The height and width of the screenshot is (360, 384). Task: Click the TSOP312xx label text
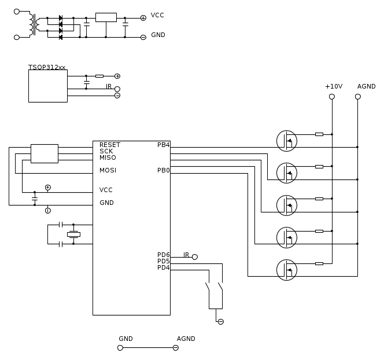click(x=47, y=67)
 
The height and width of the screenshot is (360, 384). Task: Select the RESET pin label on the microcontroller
click(x=110, y=145)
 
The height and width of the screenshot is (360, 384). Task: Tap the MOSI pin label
click(x=108, y=170)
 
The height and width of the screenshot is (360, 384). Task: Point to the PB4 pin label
click(x=163, y=145)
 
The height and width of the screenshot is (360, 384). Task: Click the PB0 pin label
click(x=163, y=170)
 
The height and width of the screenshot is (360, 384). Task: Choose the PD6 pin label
click(x=163, y=255)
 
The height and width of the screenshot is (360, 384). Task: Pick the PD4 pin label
click(x=163, y=267)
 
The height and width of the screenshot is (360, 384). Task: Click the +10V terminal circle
click(x=332, y=97)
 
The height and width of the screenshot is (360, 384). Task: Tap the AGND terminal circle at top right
click(x=358, y=97)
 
